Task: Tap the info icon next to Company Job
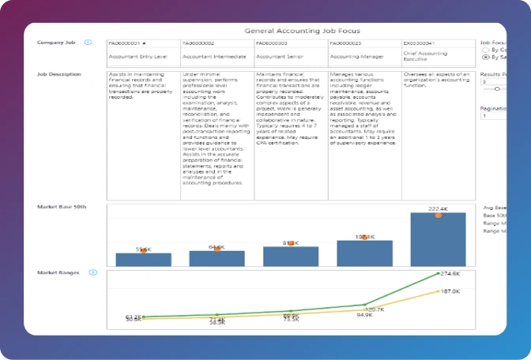88,43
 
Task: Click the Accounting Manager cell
356,57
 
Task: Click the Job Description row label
58,74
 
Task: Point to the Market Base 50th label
62,207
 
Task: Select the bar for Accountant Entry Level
143,259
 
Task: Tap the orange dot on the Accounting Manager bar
364,237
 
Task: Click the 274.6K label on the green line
450,274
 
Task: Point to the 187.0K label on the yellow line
450,291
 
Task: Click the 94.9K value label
364,315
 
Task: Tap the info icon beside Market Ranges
93,272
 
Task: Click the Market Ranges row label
58,272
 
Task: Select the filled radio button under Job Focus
484,57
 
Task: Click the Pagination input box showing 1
494,115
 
